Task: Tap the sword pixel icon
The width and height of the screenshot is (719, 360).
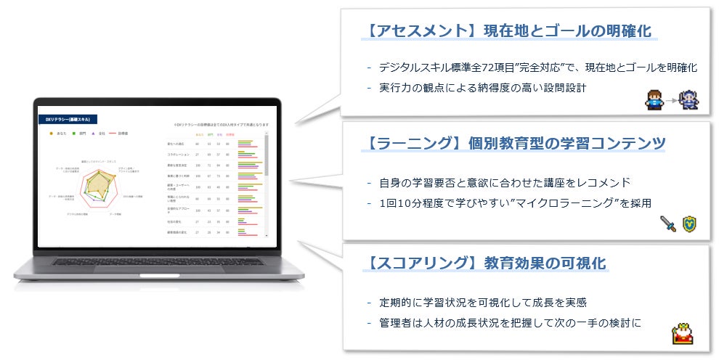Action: coord(667,224)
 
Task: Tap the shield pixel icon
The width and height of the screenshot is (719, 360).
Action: coord(687,224)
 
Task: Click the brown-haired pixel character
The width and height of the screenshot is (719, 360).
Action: coord(654,99)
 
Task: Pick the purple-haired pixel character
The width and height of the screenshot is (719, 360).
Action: coord(686,99)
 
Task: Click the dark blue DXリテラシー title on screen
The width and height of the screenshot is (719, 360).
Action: coord(68,120)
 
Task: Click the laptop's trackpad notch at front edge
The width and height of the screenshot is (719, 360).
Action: coord(160,275)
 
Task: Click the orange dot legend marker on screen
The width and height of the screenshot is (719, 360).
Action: coord(50,134)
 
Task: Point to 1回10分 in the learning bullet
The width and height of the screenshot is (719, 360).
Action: coord(399,202)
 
